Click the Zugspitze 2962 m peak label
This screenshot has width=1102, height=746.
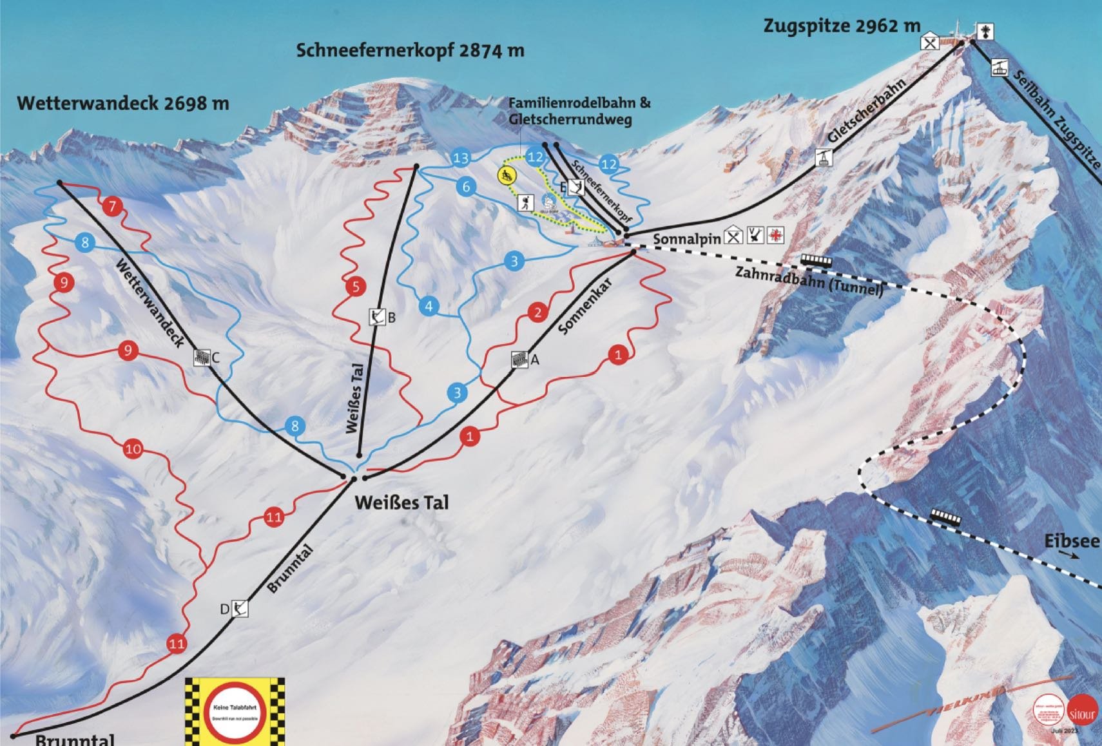tap(842, 26)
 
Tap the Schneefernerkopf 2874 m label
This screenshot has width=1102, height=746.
tap(410, 50)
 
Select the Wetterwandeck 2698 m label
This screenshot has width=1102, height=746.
tap(123, 103)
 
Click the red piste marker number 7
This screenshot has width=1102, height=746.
tap(113, 206)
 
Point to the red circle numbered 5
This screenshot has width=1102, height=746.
tap(356, 287)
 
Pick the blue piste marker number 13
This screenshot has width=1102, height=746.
tap(461, 158)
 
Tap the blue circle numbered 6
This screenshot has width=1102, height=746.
tap(467, 187)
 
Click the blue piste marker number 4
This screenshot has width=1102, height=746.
tap(429, 306)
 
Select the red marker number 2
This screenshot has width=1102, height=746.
tap(537, 312)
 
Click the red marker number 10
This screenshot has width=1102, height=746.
tap(133, 448)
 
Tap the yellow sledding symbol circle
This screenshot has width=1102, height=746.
tap(507, 175)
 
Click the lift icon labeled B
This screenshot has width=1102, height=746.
tap(376, 317)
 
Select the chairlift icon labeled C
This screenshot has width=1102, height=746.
tap(202, 358)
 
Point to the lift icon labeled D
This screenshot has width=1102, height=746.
tap(240, 608)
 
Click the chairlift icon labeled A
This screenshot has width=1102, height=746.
tap(519, 359)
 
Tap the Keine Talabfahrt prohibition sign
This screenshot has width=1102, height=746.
tap(235, 711)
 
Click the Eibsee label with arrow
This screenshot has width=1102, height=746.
tap(1072, 542)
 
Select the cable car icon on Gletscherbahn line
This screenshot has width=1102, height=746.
tap(823, 158)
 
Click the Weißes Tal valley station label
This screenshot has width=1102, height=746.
tap(401, 502)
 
